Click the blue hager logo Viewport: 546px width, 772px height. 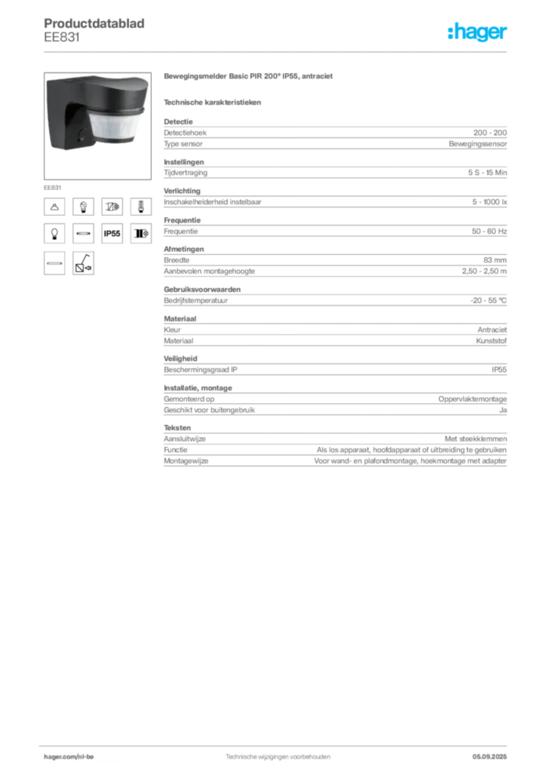pyautogui.click(x=478, y=33)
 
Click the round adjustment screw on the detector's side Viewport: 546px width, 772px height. pyautogui.click(x=82, y=137)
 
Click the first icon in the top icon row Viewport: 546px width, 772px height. pyautogui.click(x=54, y=206)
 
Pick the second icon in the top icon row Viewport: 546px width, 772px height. pyautogui.click(x=83, y=206)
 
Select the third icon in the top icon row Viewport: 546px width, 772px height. pyautogui.click(x=112, y=206)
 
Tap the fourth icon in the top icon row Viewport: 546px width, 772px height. pyautogui.click(x=140, y=206)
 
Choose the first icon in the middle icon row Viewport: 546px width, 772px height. pyautogui.click(x=54, y=234)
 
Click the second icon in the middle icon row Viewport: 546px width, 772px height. pyautogui.click(x=83, y=234)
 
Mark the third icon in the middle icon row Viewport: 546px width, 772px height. pyautogui.click(x=112, y=234)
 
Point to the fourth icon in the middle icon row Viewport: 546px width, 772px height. pyautogui.click(x=140, y=234)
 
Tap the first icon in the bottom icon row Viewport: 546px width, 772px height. pyautogui.click(x=54, y=263)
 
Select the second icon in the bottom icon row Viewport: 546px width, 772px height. pyautogui.click(x=83, y=263)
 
